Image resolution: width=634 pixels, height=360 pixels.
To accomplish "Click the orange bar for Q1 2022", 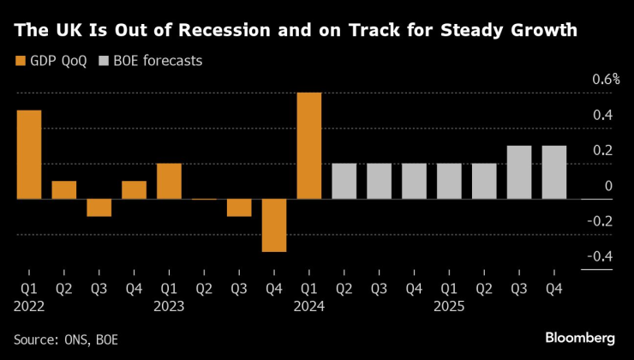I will pos(29,154).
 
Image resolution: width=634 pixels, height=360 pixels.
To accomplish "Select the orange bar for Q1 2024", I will pos(309,146).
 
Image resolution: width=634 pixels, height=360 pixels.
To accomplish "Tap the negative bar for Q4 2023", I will pos(274,225).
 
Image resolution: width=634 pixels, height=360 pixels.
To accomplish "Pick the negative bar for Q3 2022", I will pos(99,207).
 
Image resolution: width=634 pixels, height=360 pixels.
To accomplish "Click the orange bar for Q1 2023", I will pos(169,181).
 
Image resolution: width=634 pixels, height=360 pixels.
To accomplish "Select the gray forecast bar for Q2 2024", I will pos(344,181).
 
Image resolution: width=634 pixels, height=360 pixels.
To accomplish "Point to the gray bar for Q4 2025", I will pos(554,172).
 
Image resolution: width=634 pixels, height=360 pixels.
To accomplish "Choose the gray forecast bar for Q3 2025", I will pos(519,172).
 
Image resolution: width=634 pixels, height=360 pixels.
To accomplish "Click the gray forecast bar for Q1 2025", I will pos(449,181).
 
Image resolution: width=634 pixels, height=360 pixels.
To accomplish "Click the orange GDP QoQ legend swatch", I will pos(21,62).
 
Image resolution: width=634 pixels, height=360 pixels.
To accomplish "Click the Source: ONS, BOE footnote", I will pos(66,339).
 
